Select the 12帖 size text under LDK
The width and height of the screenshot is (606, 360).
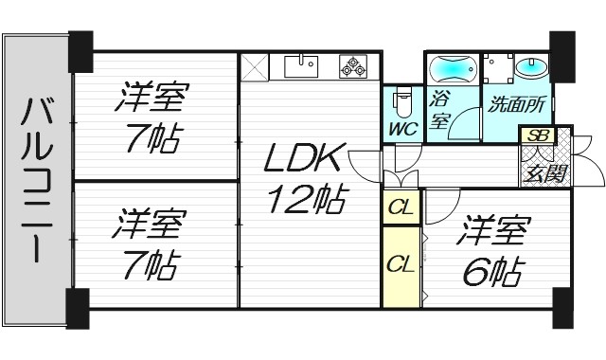click(305, 200)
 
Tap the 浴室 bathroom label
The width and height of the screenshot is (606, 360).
click(438, 108)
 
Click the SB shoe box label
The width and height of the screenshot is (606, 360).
click(537, 135)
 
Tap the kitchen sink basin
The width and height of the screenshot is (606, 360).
click(301, 65)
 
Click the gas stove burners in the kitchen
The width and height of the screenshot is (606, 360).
click(356, 66)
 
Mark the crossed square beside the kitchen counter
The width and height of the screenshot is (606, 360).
click(253, 67)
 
